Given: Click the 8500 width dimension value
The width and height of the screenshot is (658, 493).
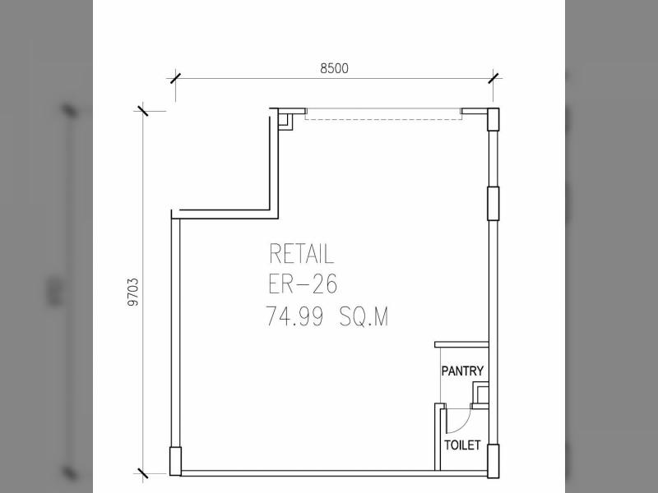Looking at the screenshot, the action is (334, 68).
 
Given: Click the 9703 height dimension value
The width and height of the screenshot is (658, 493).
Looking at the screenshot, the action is (133, 293).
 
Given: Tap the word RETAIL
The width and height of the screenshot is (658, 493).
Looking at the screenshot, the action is (301, 254).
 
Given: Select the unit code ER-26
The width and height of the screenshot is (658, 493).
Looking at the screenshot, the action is (302, 284).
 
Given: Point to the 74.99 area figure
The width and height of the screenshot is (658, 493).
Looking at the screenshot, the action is (295, 316).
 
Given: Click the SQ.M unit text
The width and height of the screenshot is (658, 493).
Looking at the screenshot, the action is (364, 316).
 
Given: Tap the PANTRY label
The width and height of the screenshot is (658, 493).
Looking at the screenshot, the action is (462, 371).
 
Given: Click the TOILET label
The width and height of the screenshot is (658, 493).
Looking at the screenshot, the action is (462, 445).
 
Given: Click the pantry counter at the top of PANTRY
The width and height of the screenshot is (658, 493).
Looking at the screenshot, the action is (461, 344).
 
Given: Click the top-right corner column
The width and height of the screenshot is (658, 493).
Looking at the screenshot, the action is (493, 119).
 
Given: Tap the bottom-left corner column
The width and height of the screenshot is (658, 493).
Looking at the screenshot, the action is (175, 461).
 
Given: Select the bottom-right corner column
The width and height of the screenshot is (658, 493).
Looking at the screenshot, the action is (493, 461).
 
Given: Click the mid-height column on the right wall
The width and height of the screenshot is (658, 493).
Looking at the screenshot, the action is (493, 203).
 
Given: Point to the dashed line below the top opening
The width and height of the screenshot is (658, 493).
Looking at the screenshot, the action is (383, 119).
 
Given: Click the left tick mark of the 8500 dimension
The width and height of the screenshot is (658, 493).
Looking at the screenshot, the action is (175, 78).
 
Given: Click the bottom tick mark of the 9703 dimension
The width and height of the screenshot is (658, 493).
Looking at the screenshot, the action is (142, 473).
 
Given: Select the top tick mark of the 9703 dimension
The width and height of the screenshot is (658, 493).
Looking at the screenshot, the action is (142, 111).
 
